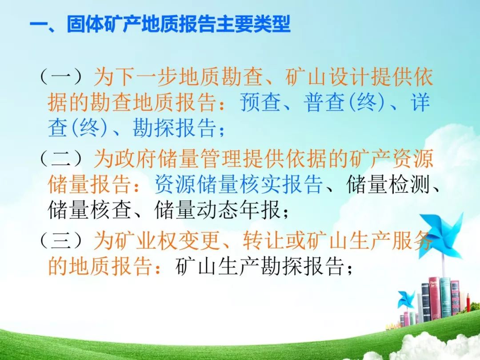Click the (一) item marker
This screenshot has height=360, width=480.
click(x=61, y=76)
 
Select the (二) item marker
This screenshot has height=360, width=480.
click(x=61, y=159)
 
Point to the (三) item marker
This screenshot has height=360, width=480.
click(x=61, y=240)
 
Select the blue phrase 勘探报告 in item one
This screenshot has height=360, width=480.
click(x=174, y=128)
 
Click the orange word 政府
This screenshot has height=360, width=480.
click(x=135, y=159)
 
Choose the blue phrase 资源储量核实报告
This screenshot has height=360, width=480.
click(x=239, y=184)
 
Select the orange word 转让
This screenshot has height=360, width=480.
click(x=264, y=241)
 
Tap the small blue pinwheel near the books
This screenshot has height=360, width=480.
click(x=406, y=300)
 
